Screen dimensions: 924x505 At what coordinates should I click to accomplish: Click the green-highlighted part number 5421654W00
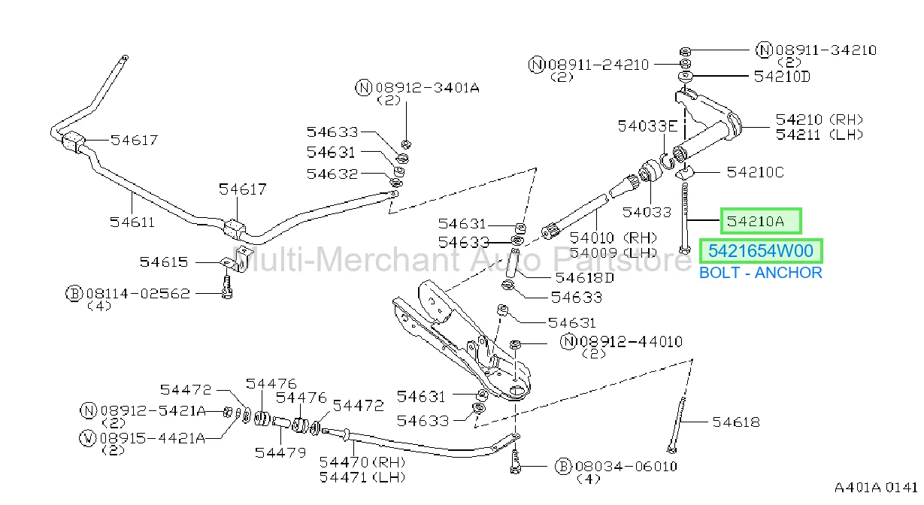pyautogui.click(x=761, y=251)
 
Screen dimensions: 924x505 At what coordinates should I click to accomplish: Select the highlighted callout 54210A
pyautogui.click(x=761, y=222)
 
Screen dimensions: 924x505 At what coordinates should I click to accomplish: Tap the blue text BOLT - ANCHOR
pyautogui.click(x=761, y=273)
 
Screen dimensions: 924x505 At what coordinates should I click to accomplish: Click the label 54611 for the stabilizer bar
pyautogui.click(x=132, y=222)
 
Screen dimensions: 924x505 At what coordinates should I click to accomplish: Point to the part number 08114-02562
pyautogui.click(x=138, y=294)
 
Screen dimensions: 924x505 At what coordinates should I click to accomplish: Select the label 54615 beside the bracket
pyautogui.click(x=164, y=262)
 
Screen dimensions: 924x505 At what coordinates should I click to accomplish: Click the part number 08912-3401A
pyautogui.click(x=427, y=88)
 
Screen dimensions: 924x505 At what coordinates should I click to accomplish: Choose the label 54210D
pyautogui.click(x=782, y=77)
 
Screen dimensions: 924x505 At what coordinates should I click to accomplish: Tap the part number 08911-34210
pyautogui.click(x=826, y=50)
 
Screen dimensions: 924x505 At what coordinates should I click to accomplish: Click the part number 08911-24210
pyautogui.click(x=598, y=65)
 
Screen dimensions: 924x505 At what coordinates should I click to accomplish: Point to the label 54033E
pyautogui.click(x=647, y=126)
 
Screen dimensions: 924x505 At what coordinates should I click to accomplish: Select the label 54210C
pyautogui.click(x=755, y=172)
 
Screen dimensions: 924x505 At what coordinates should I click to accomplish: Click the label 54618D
pyautogui.click(x=584, y=278)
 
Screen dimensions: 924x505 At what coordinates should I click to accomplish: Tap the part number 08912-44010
pyautogui.click(x=631, y=342)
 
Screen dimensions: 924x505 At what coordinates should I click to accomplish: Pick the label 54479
pyautogui.click(x=280, y=453)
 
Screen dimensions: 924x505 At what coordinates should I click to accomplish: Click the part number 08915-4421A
pyautogui.click(x=152, y=438)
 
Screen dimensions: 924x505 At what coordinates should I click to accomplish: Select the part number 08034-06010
pyautogui.click(x=626, y=467)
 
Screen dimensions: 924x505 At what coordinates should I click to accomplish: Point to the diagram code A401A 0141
pyautogui.click(x=876, y=488)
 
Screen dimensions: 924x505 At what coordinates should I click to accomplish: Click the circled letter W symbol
pyautogui.click(x=87, y=438)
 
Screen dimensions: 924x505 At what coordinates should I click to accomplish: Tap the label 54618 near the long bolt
pyautogui.click(x=736, y=422)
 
